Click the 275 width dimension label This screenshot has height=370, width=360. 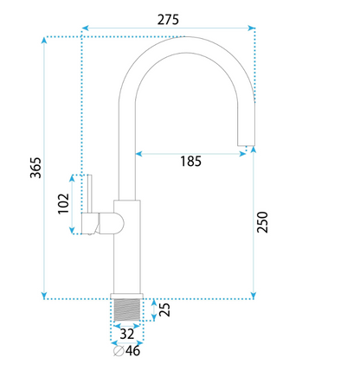coord(168,20)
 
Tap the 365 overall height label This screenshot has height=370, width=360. coord(36,168)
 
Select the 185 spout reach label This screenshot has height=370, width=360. coord(190,161)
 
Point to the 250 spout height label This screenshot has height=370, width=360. coord(262,222)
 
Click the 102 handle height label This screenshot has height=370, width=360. coord(63,203)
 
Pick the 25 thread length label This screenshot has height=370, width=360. coord(164,310)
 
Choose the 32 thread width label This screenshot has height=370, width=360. coord(127,334)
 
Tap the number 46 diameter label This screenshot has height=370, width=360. coord(133,351)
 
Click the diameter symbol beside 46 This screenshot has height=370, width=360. coord(119,351)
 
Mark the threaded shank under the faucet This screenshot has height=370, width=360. coord(127,310)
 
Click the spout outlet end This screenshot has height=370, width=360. coord(246,145)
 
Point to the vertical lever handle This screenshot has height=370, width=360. coord(89,194)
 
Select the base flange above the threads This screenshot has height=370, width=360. coord(127,297)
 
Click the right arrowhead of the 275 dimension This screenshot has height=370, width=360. coord(252,28)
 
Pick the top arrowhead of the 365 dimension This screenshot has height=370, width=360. coord(44,41)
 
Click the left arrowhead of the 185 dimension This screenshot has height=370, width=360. coord(139,154)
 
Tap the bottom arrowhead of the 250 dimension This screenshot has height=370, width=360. coord(254,296)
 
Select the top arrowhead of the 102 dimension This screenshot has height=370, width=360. coord(72,178)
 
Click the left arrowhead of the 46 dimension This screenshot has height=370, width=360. coord(114,343)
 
